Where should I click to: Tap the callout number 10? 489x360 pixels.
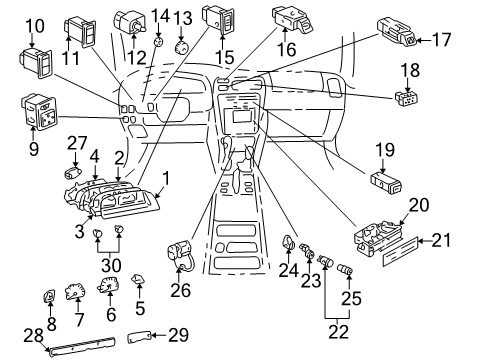(33, 25)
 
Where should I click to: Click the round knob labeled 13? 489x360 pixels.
(182, 47)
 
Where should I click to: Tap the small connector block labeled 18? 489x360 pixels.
(404, 98)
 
